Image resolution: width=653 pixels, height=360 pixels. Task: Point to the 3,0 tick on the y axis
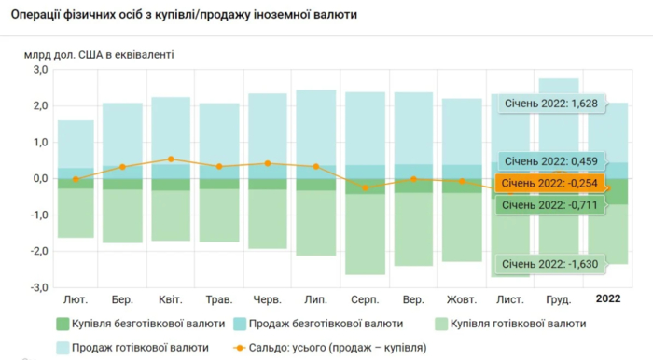(39, 70)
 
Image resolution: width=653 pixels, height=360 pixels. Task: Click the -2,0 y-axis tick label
(37, 252)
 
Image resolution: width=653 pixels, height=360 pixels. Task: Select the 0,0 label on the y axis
(39, 179)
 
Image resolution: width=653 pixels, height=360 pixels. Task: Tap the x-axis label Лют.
(76, 299)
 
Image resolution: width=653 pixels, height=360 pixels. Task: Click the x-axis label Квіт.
(171, 299)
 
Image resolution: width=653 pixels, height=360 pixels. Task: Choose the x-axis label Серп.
(365, 299)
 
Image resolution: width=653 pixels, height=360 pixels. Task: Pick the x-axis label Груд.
(558, 299)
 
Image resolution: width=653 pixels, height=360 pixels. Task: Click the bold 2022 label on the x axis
(608, 299)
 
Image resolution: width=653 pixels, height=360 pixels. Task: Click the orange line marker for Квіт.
(171, 159)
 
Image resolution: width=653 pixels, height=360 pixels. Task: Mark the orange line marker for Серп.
(365, 187)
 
